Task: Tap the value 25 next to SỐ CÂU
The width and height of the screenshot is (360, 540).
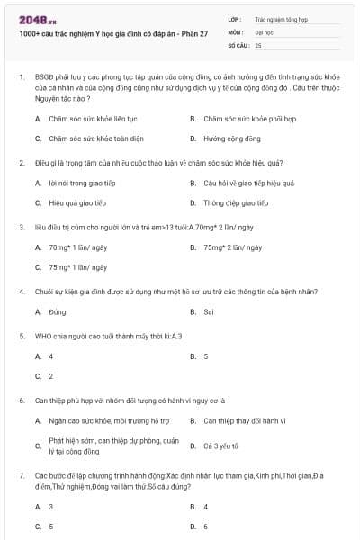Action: [259, 44]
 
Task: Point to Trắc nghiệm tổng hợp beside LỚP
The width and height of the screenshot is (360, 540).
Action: [280, 18]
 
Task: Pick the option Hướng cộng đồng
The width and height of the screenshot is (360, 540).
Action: [232, 139]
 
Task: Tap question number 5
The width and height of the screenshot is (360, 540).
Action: [21, 336]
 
